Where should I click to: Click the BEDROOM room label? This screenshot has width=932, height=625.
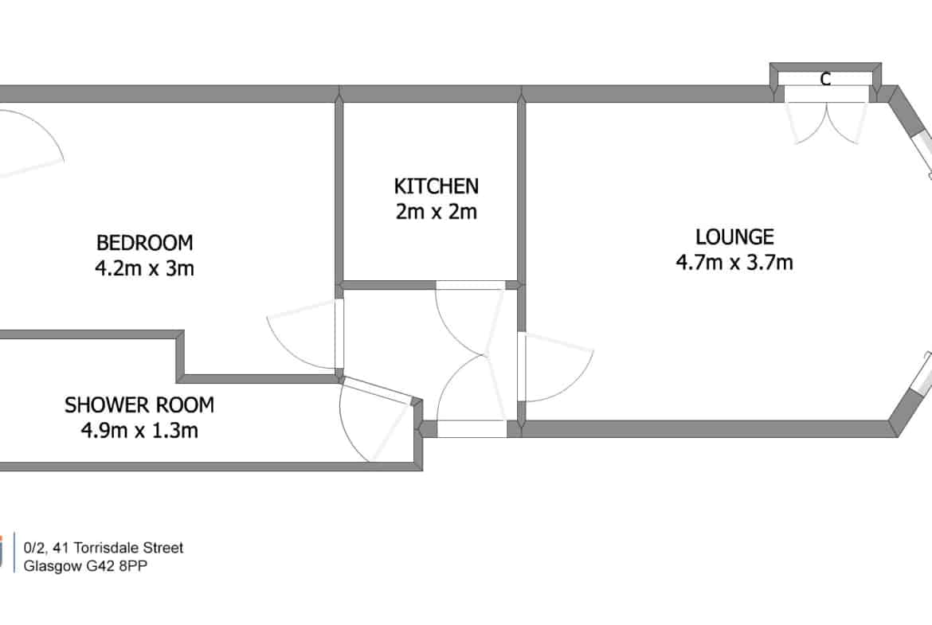pos(144,243)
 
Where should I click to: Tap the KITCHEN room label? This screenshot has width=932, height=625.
pos(437,186)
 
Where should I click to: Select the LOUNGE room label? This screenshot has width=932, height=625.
pos(734,237)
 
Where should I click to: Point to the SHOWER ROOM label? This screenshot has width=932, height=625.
pos(139,405)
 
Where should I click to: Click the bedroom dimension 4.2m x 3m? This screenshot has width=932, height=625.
pos(144,268)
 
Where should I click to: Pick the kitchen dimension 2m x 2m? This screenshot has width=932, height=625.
pos(437,212)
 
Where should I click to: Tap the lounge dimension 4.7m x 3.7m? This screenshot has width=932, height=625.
pos(734,262)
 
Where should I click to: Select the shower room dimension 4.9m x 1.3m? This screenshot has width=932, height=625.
pos(139,430)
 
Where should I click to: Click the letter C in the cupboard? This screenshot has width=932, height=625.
pos(825,78)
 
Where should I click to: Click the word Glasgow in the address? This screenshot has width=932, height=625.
pos(53,566)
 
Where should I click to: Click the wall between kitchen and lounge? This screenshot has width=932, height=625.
pos(521,191)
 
